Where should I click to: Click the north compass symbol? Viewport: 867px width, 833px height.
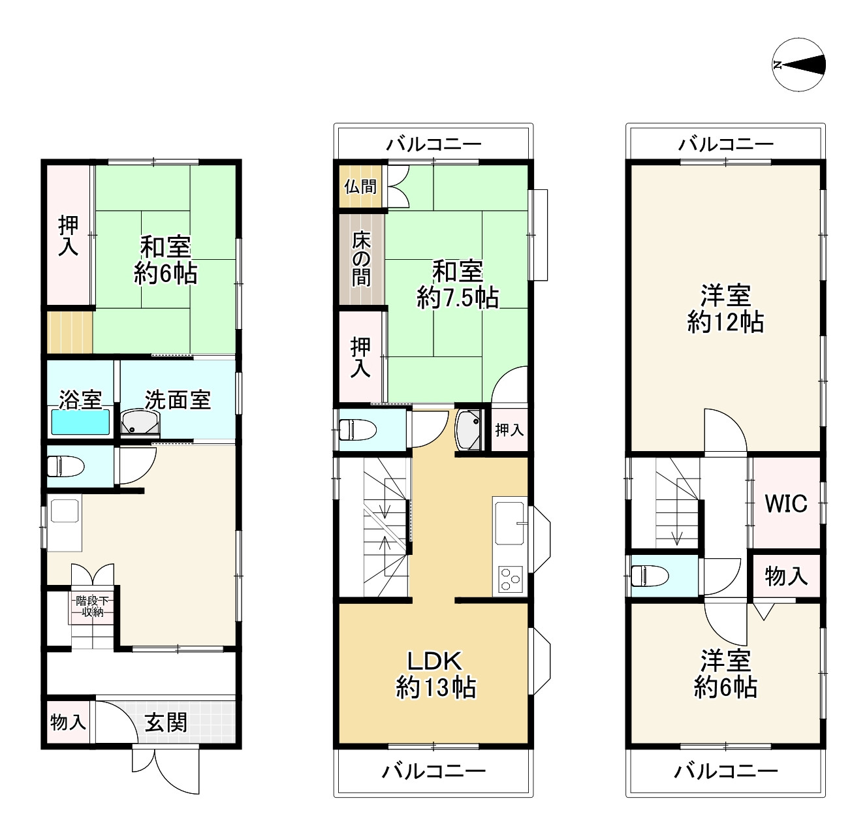[798, 65]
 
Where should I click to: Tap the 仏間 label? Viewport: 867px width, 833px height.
[360, 186]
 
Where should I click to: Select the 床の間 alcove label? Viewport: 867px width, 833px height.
[361, 260]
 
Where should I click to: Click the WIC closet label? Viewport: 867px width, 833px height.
[786, 503]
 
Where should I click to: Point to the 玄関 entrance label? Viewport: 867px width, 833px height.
[166, 722]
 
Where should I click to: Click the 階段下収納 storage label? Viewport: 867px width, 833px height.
[92, 606]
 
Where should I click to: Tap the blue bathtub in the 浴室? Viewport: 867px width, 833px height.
[80, 422]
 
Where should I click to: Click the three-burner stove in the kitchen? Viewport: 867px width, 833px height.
[510, 579]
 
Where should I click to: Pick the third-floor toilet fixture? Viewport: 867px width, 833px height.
[650, 576]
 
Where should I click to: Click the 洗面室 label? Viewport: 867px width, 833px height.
[178, 400]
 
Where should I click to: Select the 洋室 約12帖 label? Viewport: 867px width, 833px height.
[725, 308]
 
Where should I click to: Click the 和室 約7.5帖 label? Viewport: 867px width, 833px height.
[458, 285]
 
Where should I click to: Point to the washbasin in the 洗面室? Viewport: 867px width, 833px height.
[140, 422]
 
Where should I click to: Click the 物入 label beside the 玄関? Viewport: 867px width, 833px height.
[68, 722]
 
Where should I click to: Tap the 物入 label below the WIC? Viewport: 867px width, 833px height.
[786, 576]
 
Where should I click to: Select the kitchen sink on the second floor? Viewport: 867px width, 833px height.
[510, 522]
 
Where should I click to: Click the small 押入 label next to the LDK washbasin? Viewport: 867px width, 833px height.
[509, 430]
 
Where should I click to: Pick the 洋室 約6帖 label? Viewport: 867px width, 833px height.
[725, 674]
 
